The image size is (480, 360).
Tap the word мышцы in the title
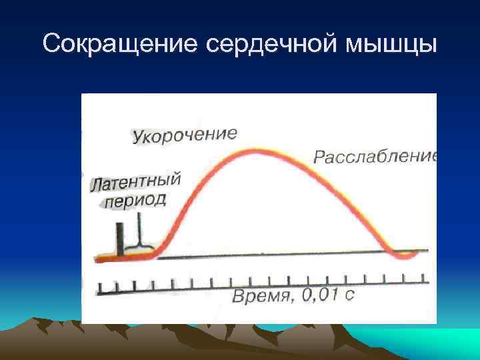point(394,45)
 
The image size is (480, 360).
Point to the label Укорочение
point(184,135)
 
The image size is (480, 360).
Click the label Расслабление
point(375,157)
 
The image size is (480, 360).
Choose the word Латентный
point(135,183)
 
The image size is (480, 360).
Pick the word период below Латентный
point(133,201)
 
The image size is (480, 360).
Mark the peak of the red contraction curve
point(256,151)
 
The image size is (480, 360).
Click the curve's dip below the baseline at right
point(403,255)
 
